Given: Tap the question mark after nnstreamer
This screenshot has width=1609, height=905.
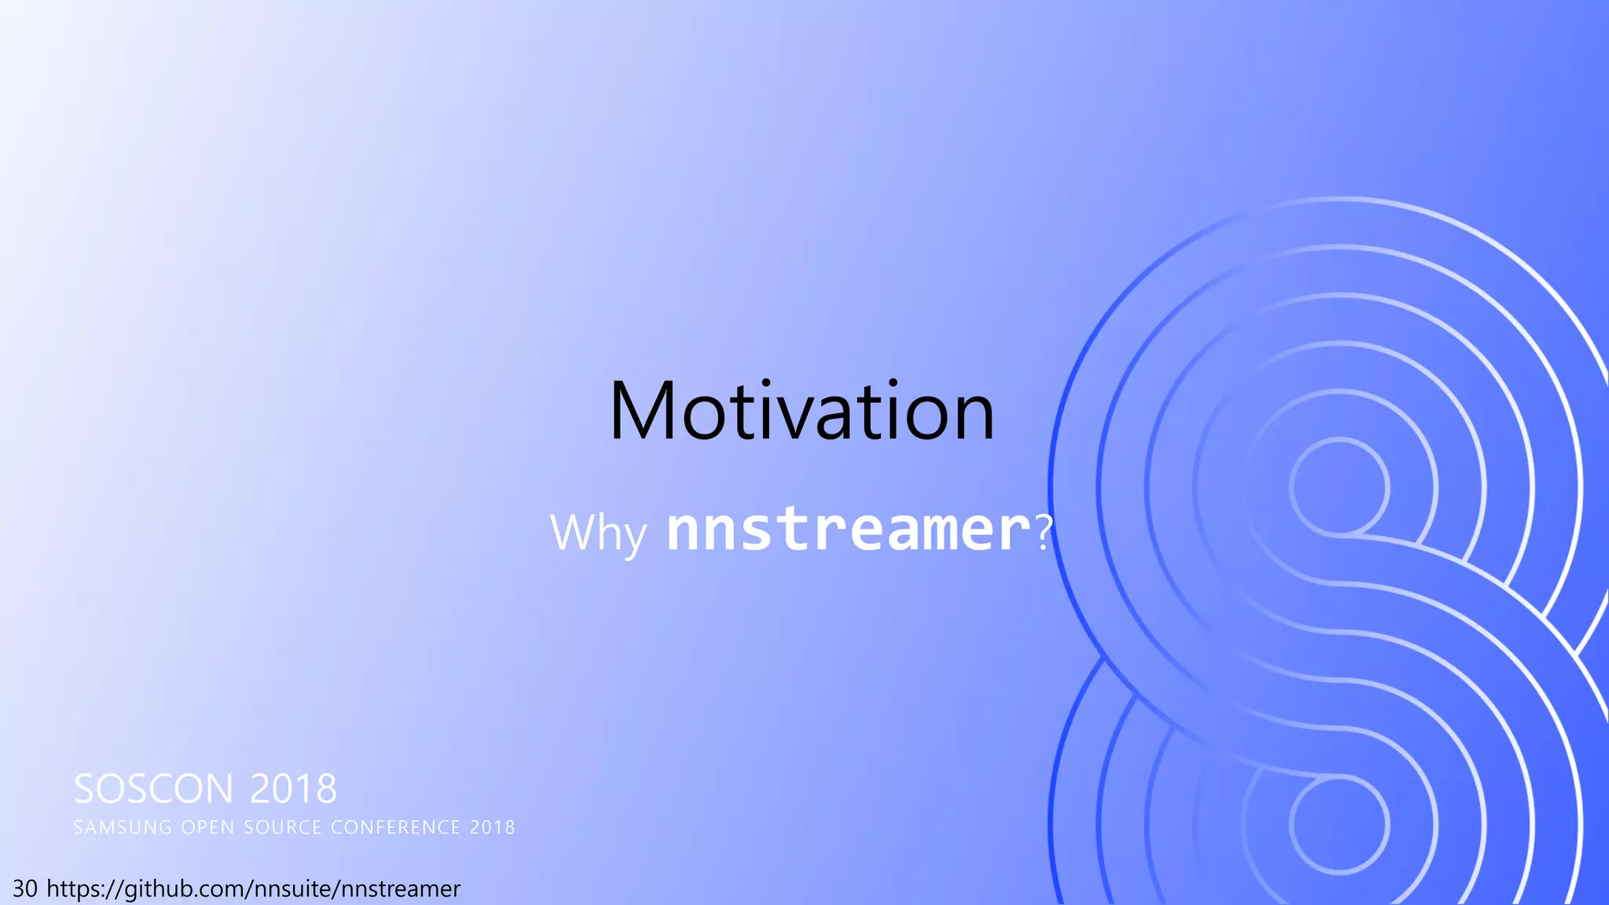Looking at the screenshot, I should click(1043, 532).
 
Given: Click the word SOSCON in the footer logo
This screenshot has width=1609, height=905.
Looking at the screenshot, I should click(153, 789).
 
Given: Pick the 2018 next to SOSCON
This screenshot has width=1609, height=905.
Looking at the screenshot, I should click(293, 789).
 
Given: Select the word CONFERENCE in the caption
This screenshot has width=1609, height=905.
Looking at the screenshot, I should click(395, 827).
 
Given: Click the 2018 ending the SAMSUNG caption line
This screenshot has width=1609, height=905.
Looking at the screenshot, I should click(493, 827).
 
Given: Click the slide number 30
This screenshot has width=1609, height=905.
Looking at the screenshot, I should click(25, 889).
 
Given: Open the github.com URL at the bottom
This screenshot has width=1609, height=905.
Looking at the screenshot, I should click(253, 889).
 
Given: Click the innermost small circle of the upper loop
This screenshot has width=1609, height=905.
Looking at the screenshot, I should click(1339, 488).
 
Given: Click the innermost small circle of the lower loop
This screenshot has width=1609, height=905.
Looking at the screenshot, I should click(1339, 825).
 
